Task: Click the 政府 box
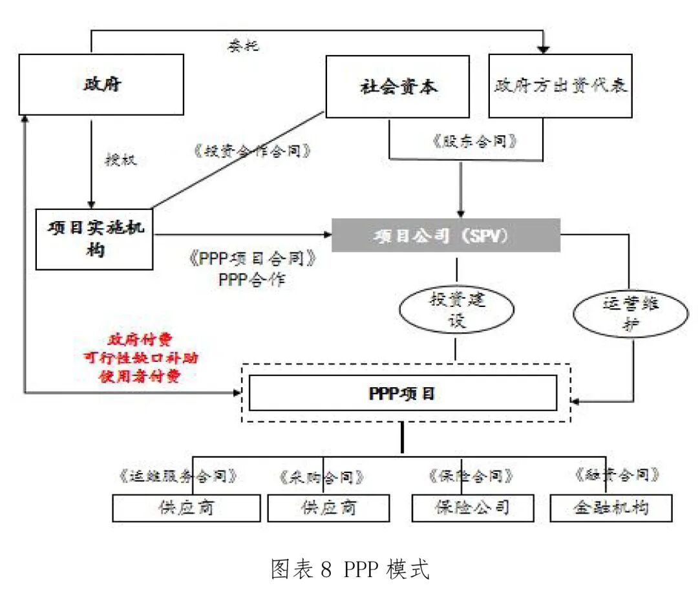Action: (101, 85)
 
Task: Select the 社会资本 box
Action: (397, 87)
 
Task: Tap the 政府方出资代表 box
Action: (560, 86)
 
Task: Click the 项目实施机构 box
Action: (94, 239)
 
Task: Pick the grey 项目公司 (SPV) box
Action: (445, 236)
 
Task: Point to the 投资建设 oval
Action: (456, 310)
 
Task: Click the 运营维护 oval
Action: (621, 314)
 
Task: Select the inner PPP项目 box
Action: (402, 393)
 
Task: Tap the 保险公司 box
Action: (472, 508)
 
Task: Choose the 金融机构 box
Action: (611, 508)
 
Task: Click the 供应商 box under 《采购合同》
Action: (328, 508)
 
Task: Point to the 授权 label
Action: (121, 160)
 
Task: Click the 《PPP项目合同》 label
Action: (252, 260)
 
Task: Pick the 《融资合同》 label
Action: (617, 475)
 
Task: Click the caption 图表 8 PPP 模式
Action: (350, 570)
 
